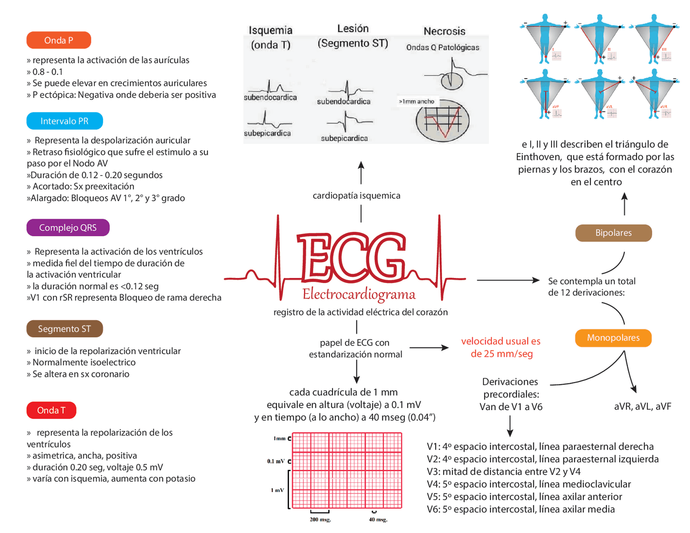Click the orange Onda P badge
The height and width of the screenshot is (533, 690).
click(x=59, y=40)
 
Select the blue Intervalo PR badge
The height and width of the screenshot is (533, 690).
click(x=64, y=121)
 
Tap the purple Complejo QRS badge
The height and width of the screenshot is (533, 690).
click(x=68, y=227)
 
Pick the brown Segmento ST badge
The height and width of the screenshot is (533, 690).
click(x=64, y=329)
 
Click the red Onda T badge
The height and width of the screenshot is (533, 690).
click(x=51, y=410)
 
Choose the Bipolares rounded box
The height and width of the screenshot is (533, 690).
click(x=613, y=233)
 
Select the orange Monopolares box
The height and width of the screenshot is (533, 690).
click(x=613, y=338)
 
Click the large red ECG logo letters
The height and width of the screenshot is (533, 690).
click(x=351, y=259)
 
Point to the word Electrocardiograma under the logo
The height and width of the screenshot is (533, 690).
click(x=359, y=294)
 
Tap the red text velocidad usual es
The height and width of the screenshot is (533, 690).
click(x=500, y=341)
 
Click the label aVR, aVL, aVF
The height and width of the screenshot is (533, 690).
click(x=643, y=406)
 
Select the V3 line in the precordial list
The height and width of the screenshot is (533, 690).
click(x=503, y=472)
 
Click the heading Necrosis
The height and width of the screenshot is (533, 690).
click(x=444, y=31)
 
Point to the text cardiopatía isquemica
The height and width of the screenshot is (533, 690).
click(x=356, y=196)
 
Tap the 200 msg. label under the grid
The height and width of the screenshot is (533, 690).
click(x=320, y=520)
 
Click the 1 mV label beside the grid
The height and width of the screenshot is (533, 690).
click(x=277, y=490)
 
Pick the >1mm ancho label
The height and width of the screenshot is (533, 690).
click(x=417, y=101)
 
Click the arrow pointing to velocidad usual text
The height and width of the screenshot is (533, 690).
click(x=429, y=348)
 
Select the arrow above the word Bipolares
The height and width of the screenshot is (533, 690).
click(x=624, y=204)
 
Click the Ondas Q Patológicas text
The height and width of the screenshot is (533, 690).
click(x=443, y=47)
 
